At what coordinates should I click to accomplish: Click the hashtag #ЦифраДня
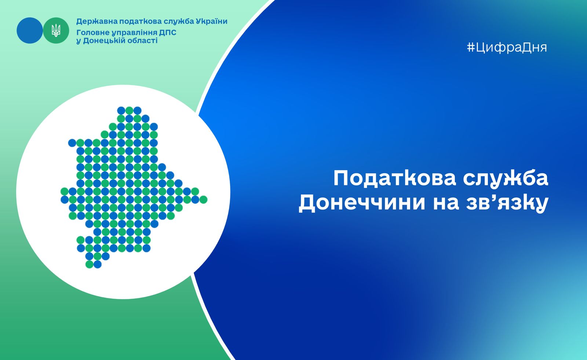point(507,48)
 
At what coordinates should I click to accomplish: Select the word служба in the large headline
point(506,179)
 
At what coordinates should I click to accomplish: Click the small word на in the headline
point(446,203)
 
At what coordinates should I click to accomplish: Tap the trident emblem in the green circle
point(56,30)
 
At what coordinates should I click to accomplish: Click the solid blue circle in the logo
point(30,30)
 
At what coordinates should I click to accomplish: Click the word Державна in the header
point(96,22)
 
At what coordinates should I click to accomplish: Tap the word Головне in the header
point(93,33)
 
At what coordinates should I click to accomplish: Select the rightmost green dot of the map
point(203,200)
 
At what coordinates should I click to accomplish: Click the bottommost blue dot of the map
point(98,264)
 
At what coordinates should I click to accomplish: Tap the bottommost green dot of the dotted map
point(90,264)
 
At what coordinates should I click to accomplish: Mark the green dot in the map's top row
point(129,111)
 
